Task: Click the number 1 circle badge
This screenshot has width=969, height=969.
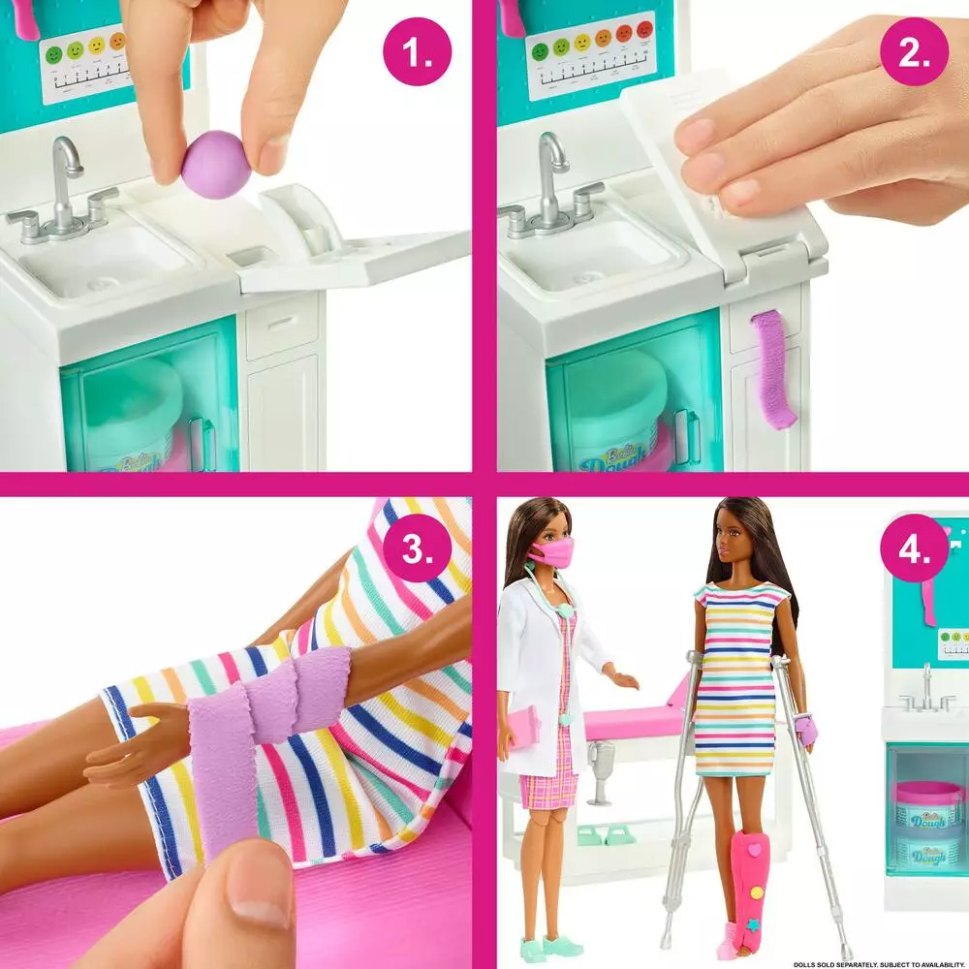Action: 418,54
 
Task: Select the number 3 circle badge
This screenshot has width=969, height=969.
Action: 418,550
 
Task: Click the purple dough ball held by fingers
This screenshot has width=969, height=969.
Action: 216,164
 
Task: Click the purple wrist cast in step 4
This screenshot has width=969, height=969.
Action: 806,729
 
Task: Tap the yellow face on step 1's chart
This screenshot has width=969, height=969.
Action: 97,46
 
